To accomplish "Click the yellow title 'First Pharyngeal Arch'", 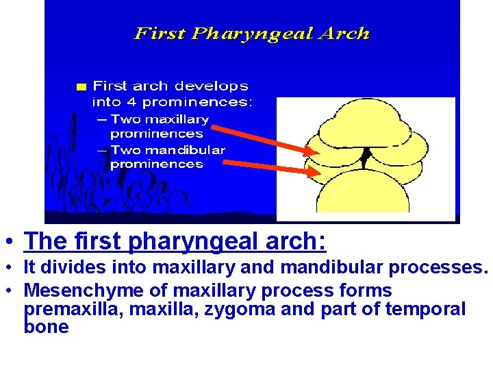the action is (x=252, y=34).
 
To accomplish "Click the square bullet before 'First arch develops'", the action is (x=81, y=87).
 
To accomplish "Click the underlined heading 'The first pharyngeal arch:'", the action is (x=175, y=241).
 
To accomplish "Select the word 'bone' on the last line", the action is (x=46, y=327).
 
